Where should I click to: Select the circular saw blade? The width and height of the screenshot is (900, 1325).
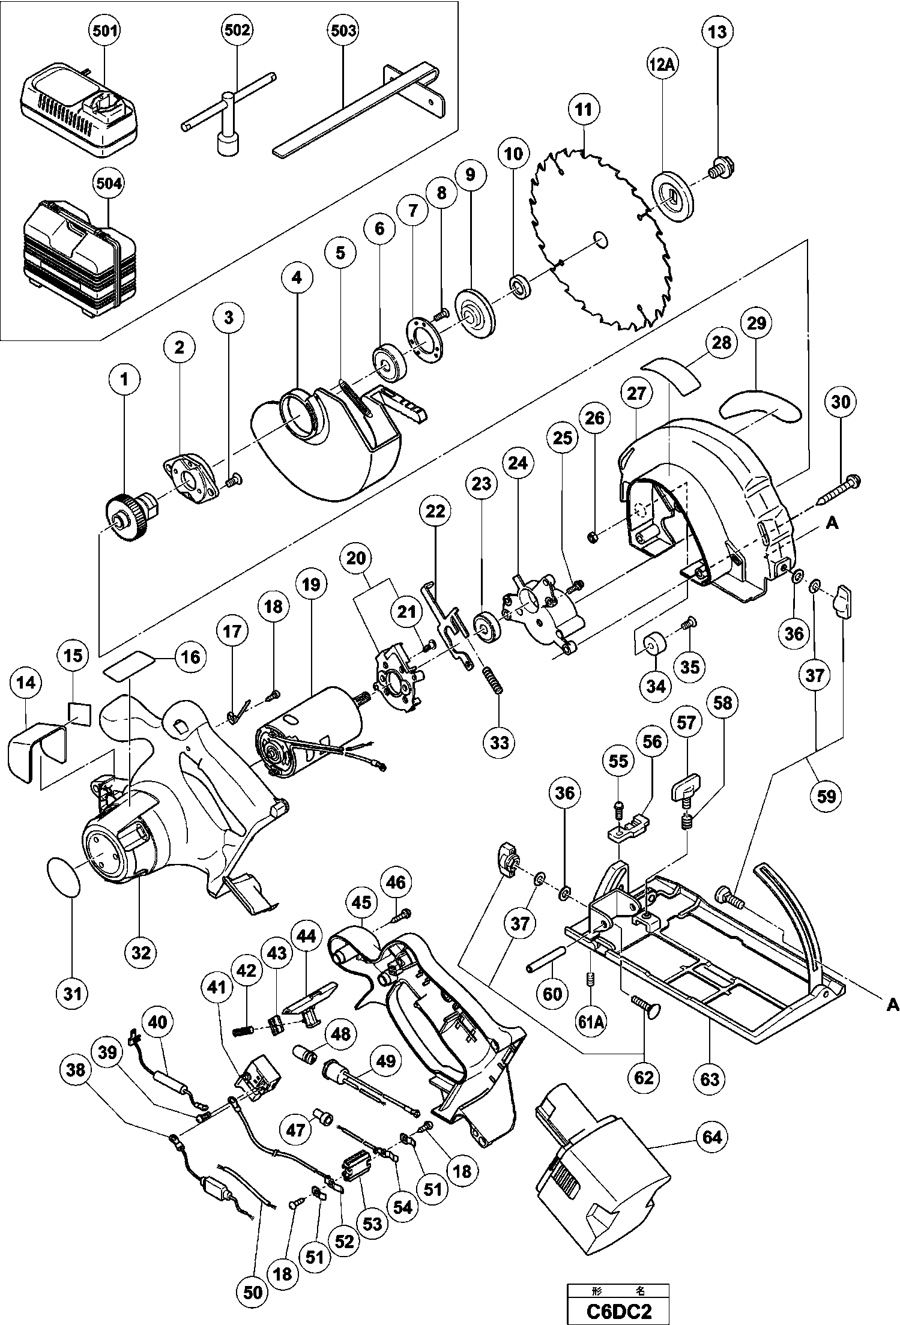coord(600,240)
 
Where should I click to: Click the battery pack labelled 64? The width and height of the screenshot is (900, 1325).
coord(600,1177)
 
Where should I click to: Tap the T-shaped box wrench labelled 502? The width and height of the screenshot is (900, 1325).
coord(228,120)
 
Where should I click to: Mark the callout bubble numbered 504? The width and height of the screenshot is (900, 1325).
coord(109,184)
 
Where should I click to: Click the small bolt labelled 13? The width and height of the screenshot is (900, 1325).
coord(718,166)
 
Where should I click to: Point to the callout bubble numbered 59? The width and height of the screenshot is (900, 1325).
coord(826,796)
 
